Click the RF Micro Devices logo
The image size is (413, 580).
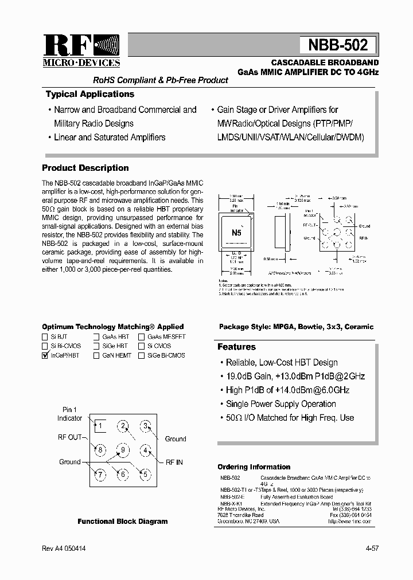click(x=81, y=50)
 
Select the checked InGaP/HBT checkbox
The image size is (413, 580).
click(x=45, y=355)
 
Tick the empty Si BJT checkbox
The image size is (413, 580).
click(x=45, y=337)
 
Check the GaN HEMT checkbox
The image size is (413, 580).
click(x=97, y=355)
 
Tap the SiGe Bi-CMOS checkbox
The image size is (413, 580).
click(x=141, y=355)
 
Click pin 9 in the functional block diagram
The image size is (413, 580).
click(x=123, y=449)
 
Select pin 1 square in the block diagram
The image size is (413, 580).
click(x=99, y=425)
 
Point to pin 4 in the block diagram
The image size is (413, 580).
click(x=146, y=450)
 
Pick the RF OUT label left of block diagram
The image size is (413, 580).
click(x=71, y=437)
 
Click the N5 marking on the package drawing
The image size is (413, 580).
click(x=236, y=233)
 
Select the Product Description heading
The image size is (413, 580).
click(x=85, y=168)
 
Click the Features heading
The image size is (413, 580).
click(x=236, y=347)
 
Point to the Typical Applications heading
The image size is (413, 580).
click(x=89, y=94)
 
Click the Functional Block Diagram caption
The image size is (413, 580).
click(x=123, y=522)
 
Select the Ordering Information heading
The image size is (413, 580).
click(x=254, y=467)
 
